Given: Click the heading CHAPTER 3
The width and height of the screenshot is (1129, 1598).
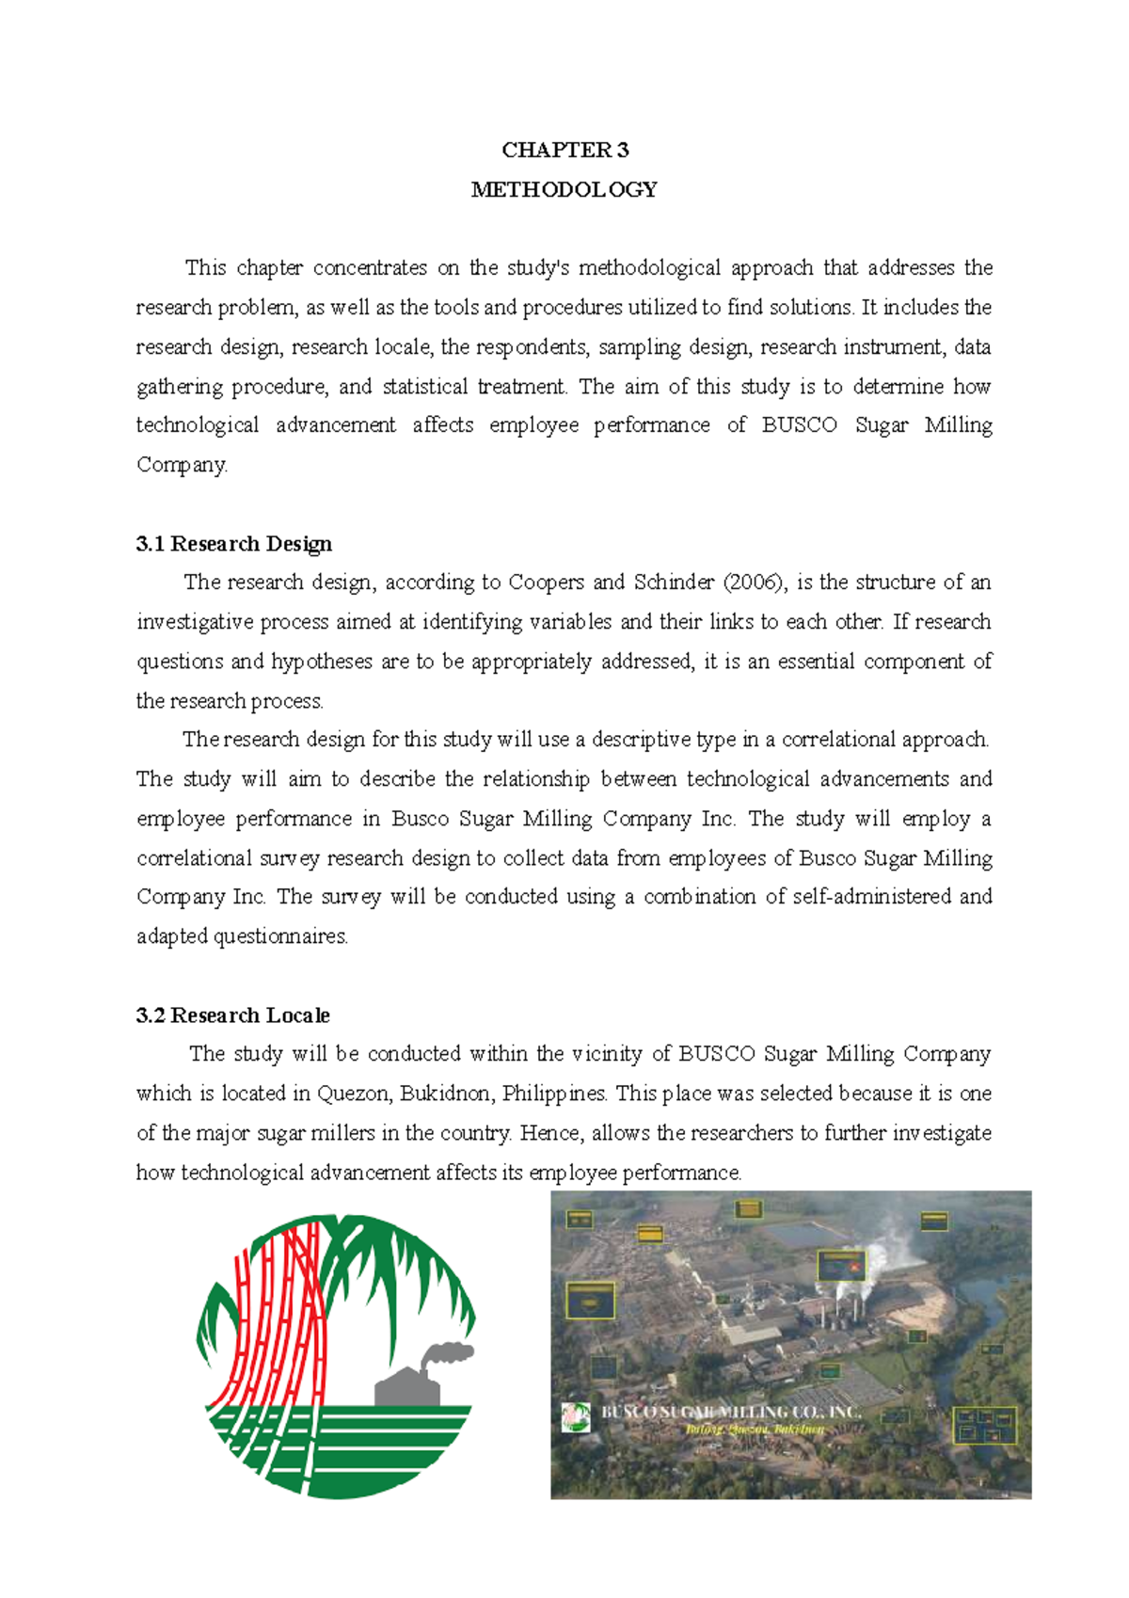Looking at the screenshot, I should tap(564, 151).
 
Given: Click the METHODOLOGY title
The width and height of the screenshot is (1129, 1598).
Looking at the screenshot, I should tap(564, 190).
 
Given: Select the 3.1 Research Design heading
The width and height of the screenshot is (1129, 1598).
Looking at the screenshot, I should tap(234, 544).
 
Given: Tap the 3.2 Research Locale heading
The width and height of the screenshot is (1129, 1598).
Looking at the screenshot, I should tap(233, 1015).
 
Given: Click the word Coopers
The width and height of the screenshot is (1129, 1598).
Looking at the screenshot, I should tap(546, 583).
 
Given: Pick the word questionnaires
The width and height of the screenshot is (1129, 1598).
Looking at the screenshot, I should tap(280, 937).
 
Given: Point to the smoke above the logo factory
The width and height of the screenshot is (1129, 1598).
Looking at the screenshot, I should tap(445, 1355).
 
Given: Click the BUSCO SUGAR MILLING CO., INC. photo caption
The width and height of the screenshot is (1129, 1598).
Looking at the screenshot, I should tap(730, 1413).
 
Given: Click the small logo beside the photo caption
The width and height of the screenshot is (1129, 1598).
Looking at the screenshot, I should tap(575, 1417).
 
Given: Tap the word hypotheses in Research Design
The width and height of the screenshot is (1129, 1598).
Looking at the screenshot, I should tap(322, 662).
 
